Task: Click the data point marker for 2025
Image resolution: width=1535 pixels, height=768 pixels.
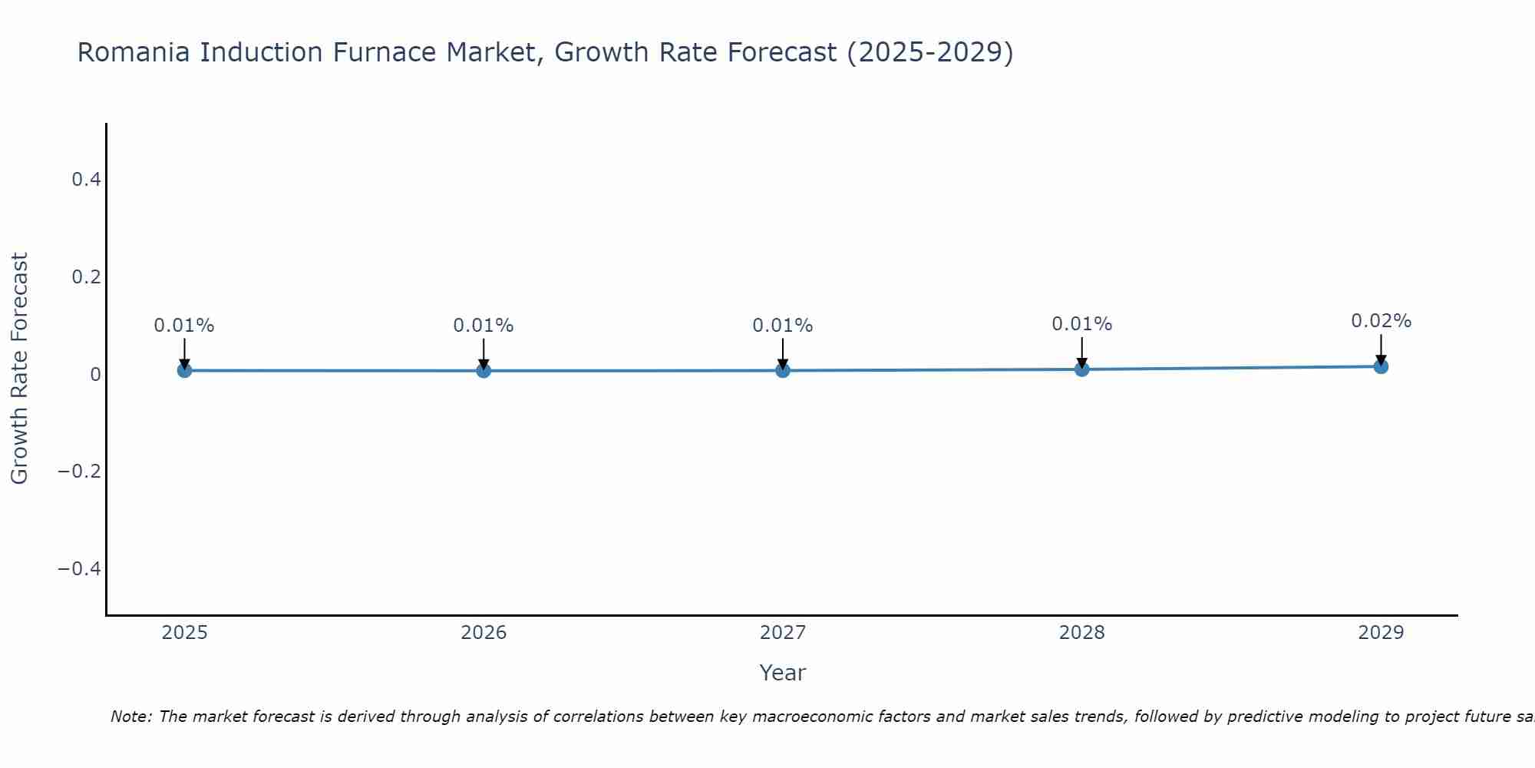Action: (x=184, y=370)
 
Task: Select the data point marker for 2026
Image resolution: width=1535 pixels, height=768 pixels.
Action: (x=484, y=370)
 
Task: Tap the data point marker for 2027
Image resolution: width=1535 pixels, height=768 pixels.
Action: (x=783, y=370)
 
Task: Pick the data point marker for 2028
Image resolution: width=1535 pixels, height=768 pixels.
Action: (x=1081, y=369)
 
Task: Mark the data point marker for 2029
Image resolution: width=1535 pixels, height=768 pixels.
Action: (x=1381, y=366)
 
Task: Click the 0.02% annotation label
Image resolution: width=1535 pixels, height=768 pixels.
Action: (x=1381, y=321)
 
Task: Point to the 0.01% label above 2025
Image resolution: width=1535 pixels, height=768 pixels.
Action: (x=184, y=326)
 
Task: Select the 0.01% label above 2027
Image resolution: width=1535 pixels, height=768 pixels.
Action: (x=783, y=326)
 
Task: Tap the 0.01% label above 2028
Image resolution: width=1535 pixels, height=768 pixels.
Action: (x=1081, y=324)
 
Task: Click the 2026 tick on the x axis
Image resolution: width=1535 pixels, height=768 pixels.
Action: (x=484, y=633)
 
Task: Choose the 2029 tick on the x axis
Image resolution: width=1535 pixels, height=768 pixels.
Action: (x=1381, y=633)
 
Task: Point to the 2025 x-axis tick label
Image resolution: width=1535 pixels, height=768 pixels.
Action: (x=184, y=633)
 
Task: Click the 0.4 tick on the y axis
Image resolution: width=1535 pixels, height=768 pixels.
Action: (x=86, y=180)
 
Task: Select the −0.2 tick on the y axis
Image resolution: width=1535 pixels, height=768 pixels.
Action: (x=80, y=471)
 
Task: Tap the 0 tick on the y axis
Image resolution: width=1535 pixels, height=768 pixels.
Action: (x=95, y=374)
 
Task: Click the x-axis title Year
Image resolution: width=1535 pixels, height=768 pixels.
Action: (x=782, y=673)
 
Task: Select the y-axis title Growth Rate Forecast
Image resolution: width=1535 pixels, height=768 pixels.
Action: (x=19, y=369)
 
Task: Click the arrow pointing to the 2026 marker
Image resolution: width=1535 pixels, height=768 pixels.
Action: (x=484, y=354)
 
